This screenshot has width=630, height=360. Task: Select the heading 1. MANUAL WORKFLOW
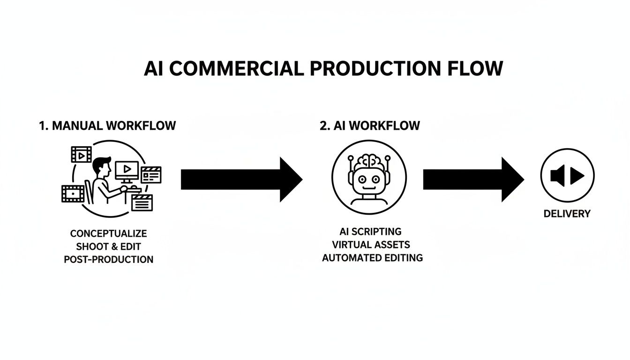pos(107,126)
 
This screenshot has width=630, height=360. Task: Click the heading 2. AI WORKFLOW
pos(369,126)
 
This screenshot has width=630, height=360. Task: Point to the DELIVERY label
pos(567,214)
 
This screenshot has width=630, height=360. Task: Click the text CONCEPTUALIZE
pos(108,233)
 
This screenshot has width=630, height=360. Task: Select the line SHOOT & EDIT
pos(108,246)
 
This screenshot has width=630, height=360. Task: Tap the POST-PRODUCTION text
pos(108,259)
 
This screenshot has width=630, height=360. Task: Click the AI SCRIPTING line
pos(370,232)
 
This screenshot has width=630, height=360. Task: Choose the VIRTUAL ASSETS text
pos(371,245)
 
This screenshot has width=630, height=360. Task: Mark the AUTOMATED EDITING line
pos(372,258)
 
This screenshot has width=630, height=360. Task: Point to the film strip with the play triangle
pos(81,154)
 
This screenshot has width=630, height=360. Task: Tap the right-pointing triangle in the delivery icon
pos(577,176)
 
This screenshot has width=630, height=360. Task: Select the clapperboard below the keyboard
pos(143,203)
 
